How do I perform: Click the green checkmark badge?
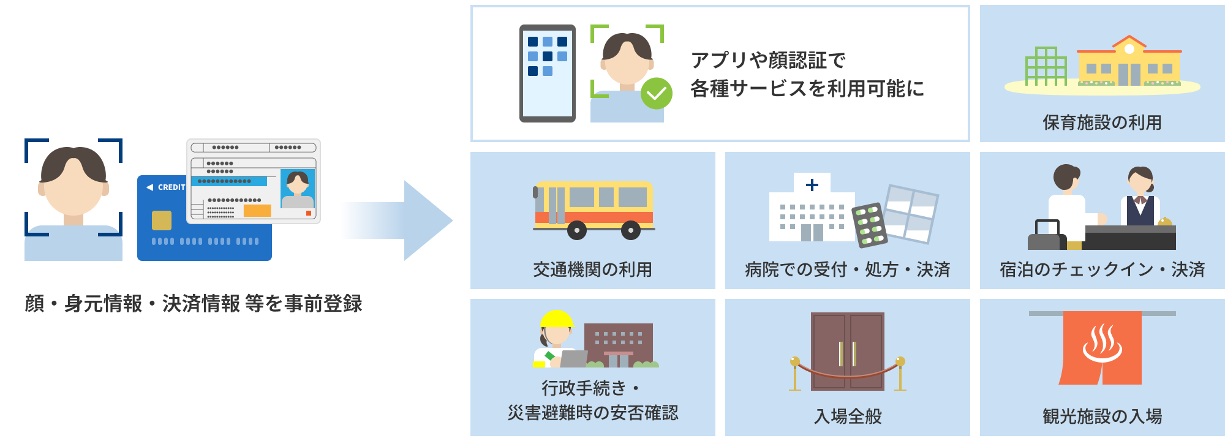pyautogui.click(x=656, y=93)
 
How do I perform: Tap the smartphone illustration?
pyautogui.click(x=547, y=73)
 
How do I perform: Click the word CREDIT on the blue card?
pyautogui.click(x=171, y=187)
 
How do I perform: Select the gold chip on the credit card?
pyautogui.click(x=161, y=220)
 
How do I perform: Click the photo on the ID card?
pyautogui.click(x=298, y=189)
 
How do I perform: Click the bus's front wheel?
pyautogui.click(x=576, y=230)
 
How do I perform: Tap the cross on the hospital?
pyautogui.click(x=812, y=184)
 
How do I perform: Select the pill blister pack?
pyautogui.click(x=870, y=225)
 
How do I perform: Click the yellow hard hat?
pyautogui.click(x=556, y=319)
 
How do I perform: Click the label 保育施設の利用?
pyautogui.click(x=1102, y=123)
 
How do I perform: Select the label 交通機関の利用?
pyautogui.click(x=592, y=269)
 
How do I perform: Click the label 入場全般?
pyautogui.click(x=848, y=417)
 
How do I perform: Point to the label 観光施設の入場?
pyautogui.click(x=1102, y=417)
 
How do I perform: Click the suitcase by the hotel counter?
pyautogui.click(x=1046, y=237)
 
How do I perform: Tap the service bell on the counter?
pyautogui.click(x=1164, y=222)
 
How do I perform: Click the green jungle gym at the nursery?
pyautogui.click(x=1046, y=67)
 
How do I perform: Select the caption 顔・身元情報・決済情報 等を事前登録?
pyautogui.click(x=194, y=303)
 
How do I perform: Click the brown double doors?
pyautogui.click(x=848, y=352)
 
